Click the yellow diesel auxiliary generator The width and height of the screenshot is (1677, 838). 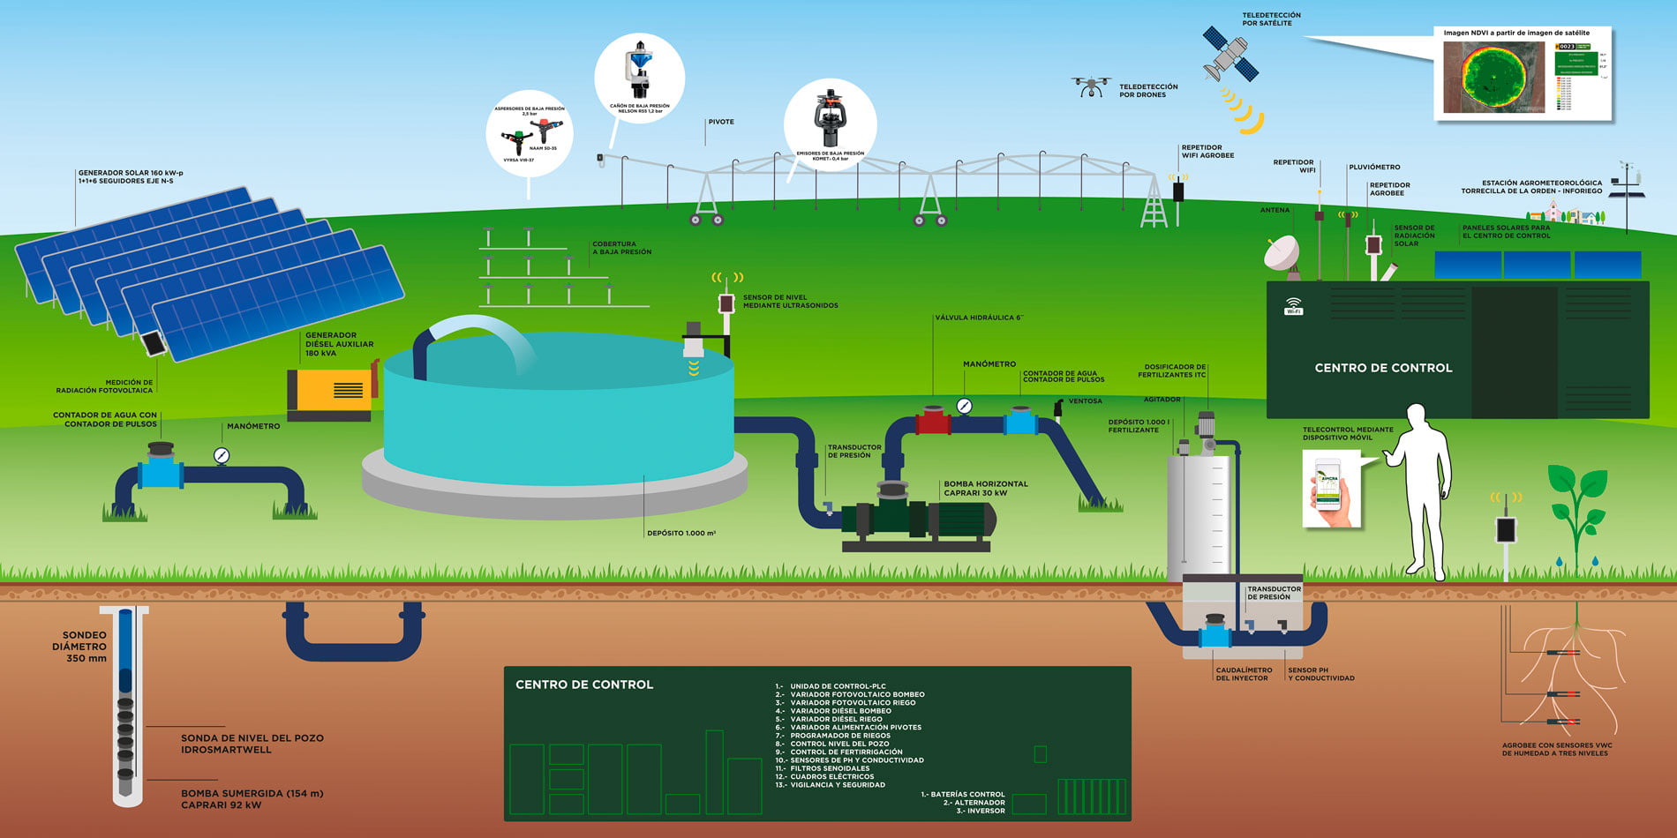[x=331, y=390]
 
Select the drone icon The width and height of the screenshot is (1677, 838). [x=1091, y=86]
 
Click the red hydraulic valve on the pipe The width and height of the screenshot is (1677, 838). [x=933, y=420]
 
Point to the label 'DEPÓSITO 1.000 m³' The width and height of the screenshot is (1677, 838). [x=681, y=533]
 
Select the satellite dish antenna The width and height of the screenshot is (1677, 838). [x=1282, y=253]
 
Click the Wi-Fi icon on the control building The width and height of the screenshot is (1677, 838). [x=1293, y=306]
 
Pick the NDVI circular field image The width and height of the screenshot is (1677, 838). [x=1494, y=77]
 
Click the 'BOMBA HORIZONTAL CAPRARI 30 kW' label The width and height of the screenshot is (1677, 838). [x=986, y=488]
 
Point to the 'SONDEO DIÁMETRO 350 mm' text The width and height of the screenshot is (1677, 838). [x=80, y=647]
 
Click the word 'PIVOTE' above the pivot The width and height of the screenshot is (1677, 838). [x=720, y=122]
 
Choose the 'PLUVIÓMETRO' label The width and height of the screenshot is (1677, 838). [x=1374, y=167]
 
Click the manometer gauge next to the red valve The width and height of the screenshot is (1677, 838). [x=964, y=406]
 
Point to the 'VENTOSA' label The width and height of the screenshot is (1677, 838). [x=1085, y=401]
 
